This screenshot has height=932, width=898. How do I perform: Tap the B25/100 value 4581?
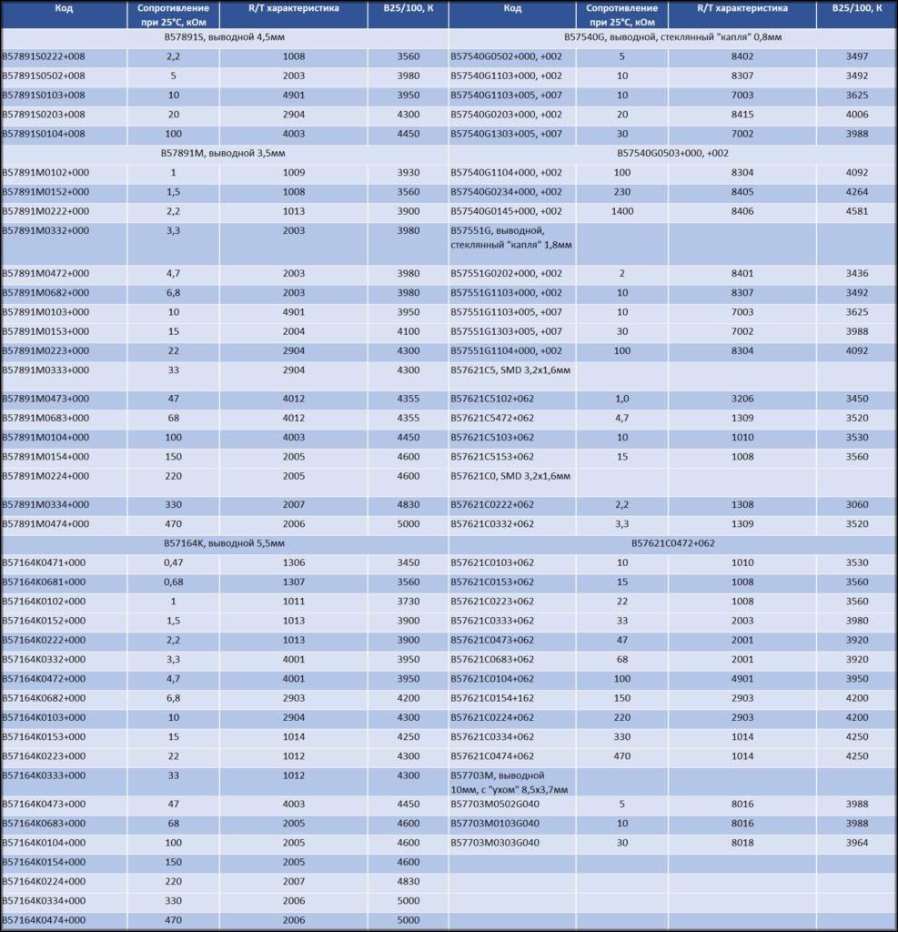pyautogui.click(x=856, y=211)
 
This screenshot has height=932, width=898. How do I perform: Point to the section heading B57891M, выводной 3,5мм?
pyautogui.click(x=224, y=153)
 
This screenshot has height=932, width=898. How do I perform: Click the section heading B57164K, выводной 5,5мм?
pyautogui.click(x=224, y=543)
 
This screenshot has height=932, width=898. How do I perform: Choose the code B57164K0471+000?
pyautogui.click(x=45, y=562)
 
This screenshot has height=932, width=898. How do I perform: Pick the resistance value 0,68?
pyautogui.click(x=173, y=582)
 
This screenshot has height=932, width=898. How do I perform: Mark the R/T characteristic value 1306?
pyautogui.click(x=294, y=562)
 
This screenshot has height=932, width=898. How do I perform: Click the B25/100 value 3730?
pyautogui.click(x=409, y=601)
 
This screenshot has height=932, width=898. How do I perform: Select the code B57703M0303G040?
pyautogui.click(x=495, y=843)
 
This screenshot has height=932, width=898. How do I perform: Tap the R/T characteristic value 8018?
pyautogui.click(x=742, y=843)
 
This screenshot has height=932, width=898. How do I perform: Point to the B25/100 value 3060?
pyautogui.click(x=856, y=504)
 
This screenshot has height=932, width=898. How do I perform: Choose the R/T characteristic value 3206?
pyautogui.click(x=742, y=399)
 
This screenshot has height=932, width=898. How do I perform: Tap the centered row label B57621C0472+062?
pyautogui.click(x=672, y=543)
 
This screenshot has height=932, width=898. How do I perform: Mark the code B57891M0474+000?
pyautogui.click(x=45, y=523)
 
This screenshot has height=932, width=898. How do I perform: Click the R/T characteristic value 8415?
pyautogui.click(x=742, y=115)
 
